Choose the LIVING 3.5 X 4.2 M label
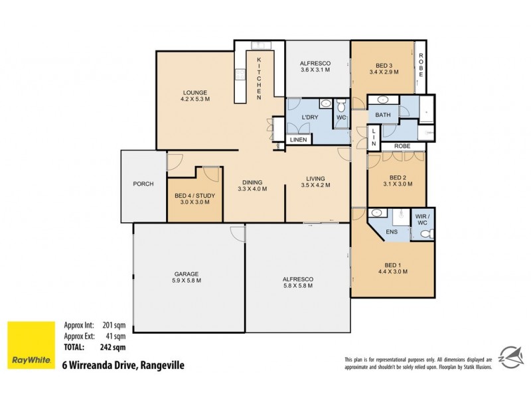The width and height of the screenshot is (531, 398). [x=315, y=182]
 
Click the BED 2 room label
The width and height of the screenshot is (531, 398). [x=398, y=181]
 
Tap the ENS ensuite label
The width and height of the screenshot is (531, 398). [x=392, y=232]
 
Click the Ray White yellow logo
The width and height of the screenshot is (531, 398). [x=31, y=345]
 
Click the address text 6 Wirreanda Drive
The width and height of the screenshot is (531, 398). [x=123, y=365]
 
